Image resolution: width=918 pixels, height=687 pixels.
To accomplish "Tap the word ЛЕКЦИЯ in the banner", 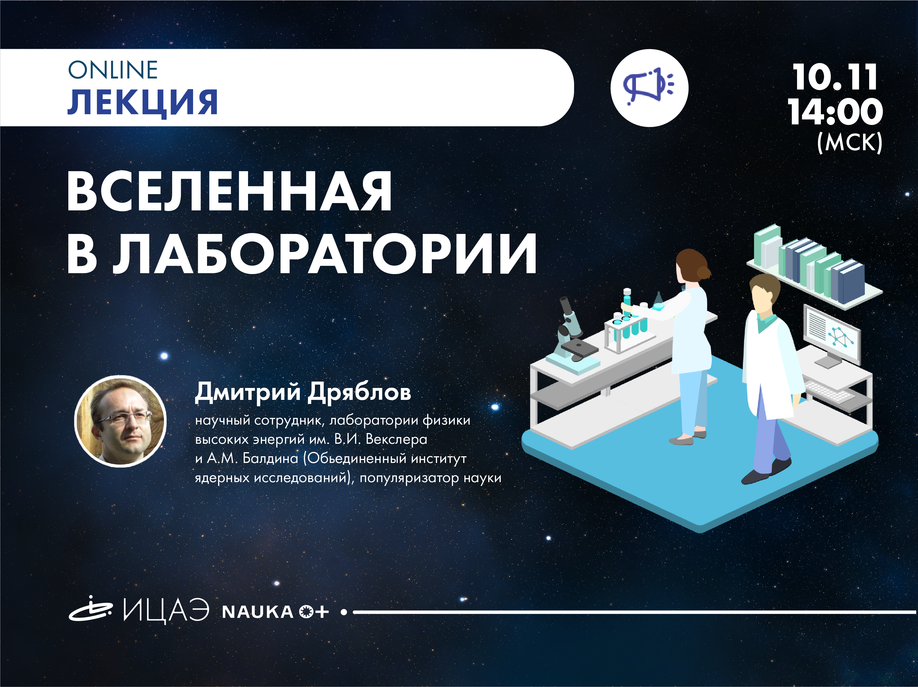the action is coord(143,102).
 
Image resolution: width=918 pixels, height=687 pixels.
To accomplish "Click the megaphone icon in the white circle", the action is coord(649,87).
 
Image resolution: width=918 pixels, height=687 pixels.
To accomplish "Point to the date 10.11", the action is coord(835,77).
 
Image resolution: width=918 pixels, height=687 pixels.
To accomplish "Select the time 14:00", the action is coord(835,111).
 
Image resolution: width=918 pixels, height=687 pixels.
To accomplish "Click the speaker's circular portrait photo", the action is coord(120,421).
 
